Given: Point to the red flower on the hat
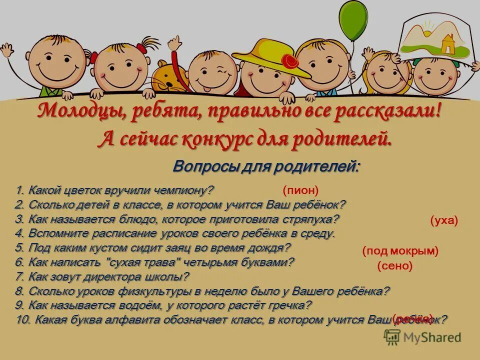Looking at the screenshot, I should tap(290, 61).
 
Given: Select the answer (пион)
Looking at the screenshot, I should tap(300, 190).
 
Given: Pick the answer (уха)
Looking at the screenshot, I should tap(444, 221).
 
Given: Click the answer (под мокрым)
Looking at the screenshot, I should tap(400, 251).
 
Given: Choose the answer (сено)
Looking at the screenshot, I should tap(395, 266).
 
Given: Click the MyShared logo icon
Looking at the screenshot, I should tap(392, 337).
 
